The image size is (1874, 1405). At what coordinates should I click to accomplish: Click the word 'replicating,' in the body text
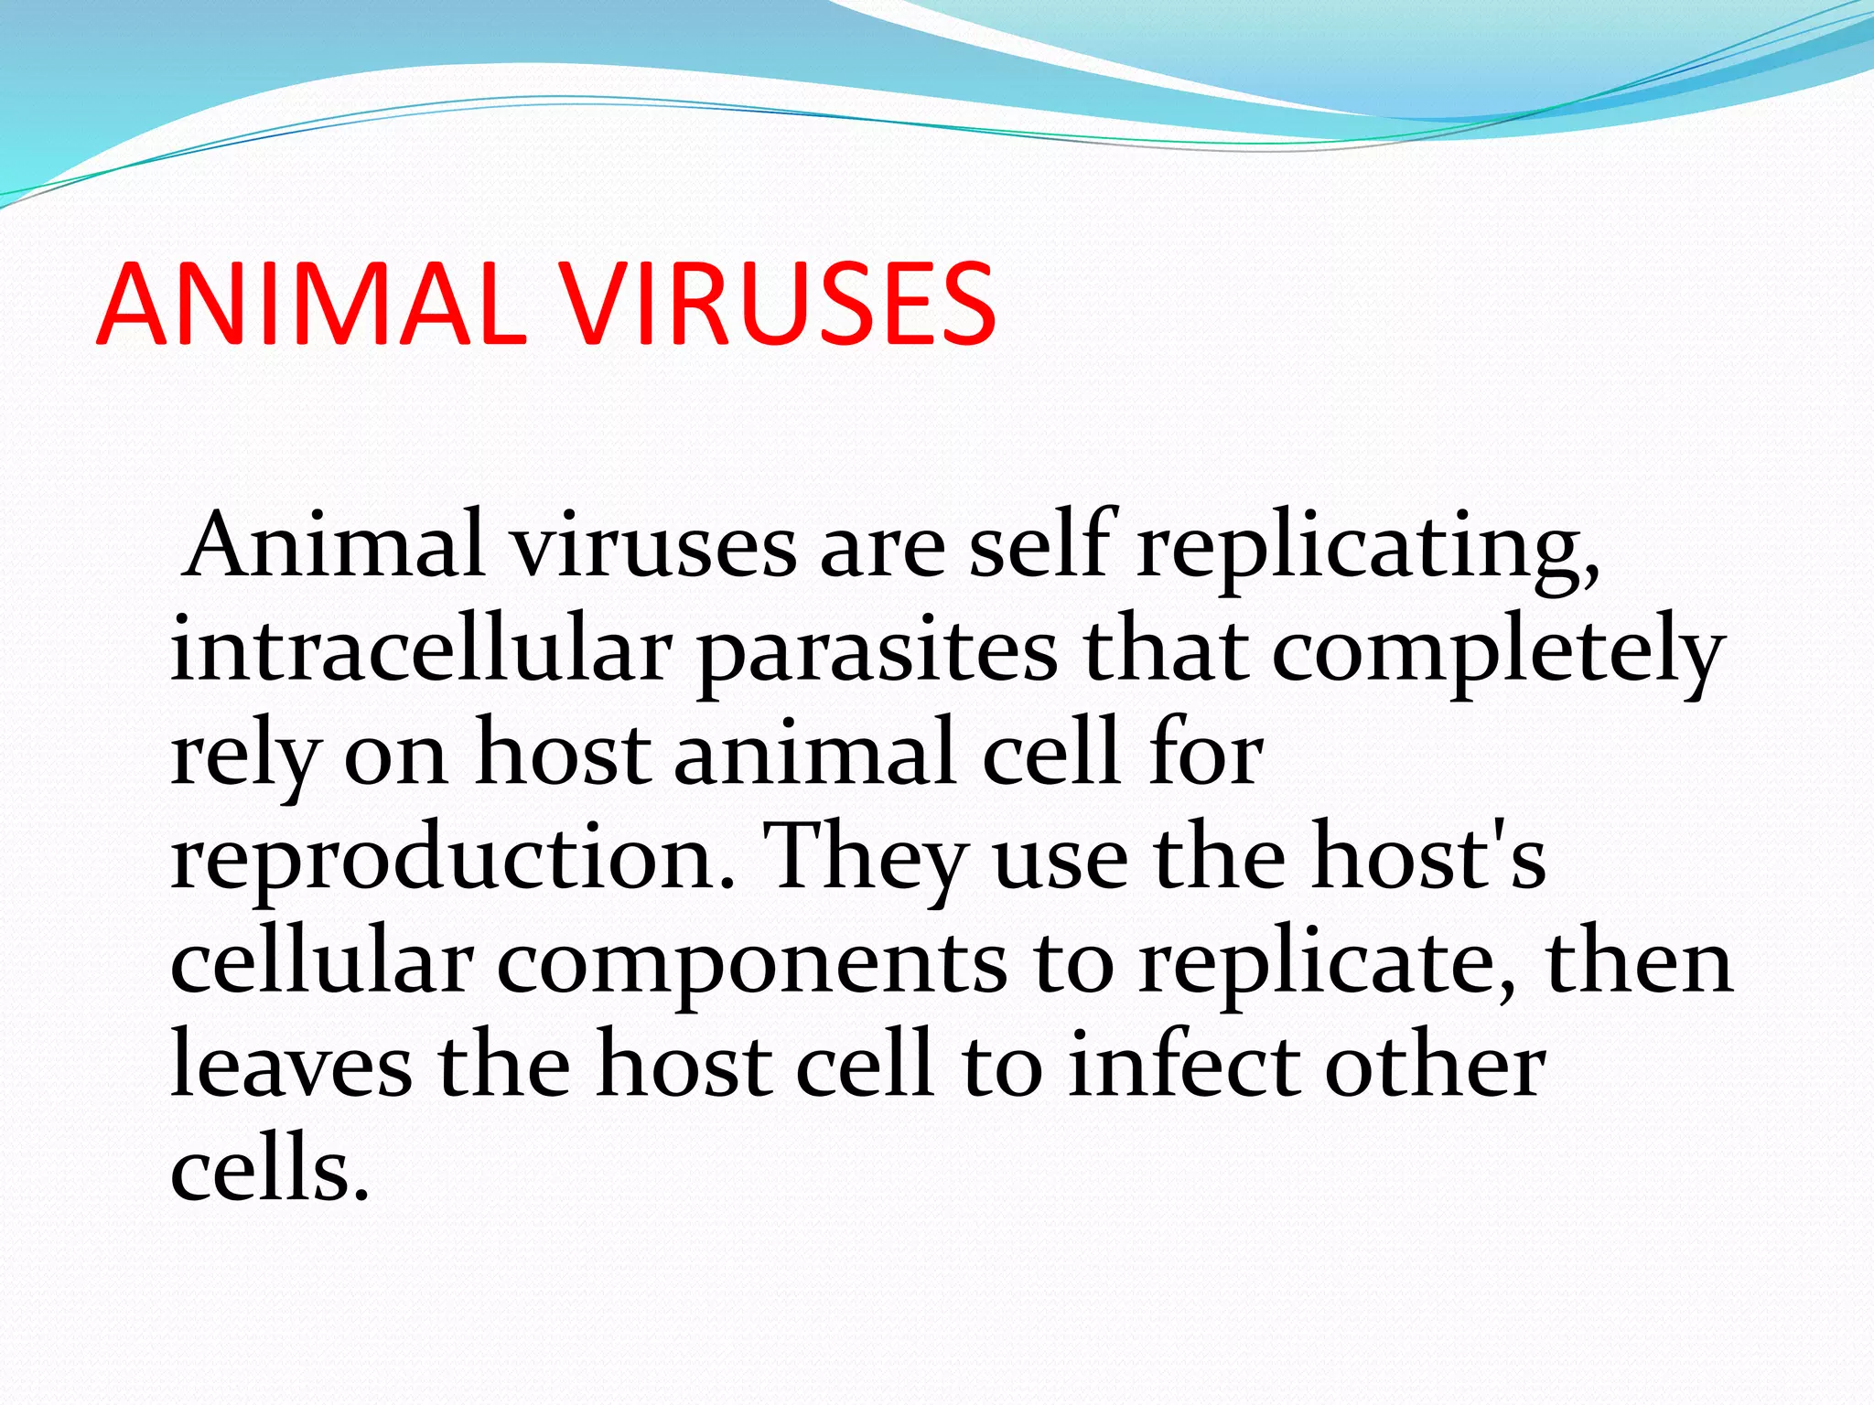click(1367, 549)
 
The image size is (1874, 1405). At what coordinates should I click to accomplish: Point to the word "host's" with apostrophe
click(1427, 858)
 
